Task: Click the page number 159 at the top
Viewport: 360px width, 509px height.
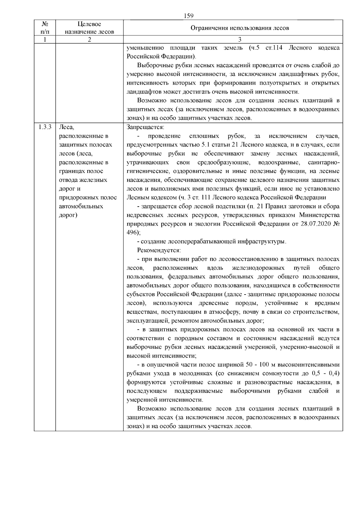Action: point(188,16)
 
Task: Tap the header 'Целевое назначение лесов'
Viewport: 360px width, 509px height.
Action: point(89,28)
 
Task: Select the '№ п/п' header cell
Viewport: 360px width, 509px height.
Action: point(44,28)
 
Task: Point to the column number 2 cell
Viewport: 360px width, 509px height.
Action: point(89,39)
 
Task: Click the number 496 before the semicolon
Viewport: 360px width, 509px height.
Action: point(132,233)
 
